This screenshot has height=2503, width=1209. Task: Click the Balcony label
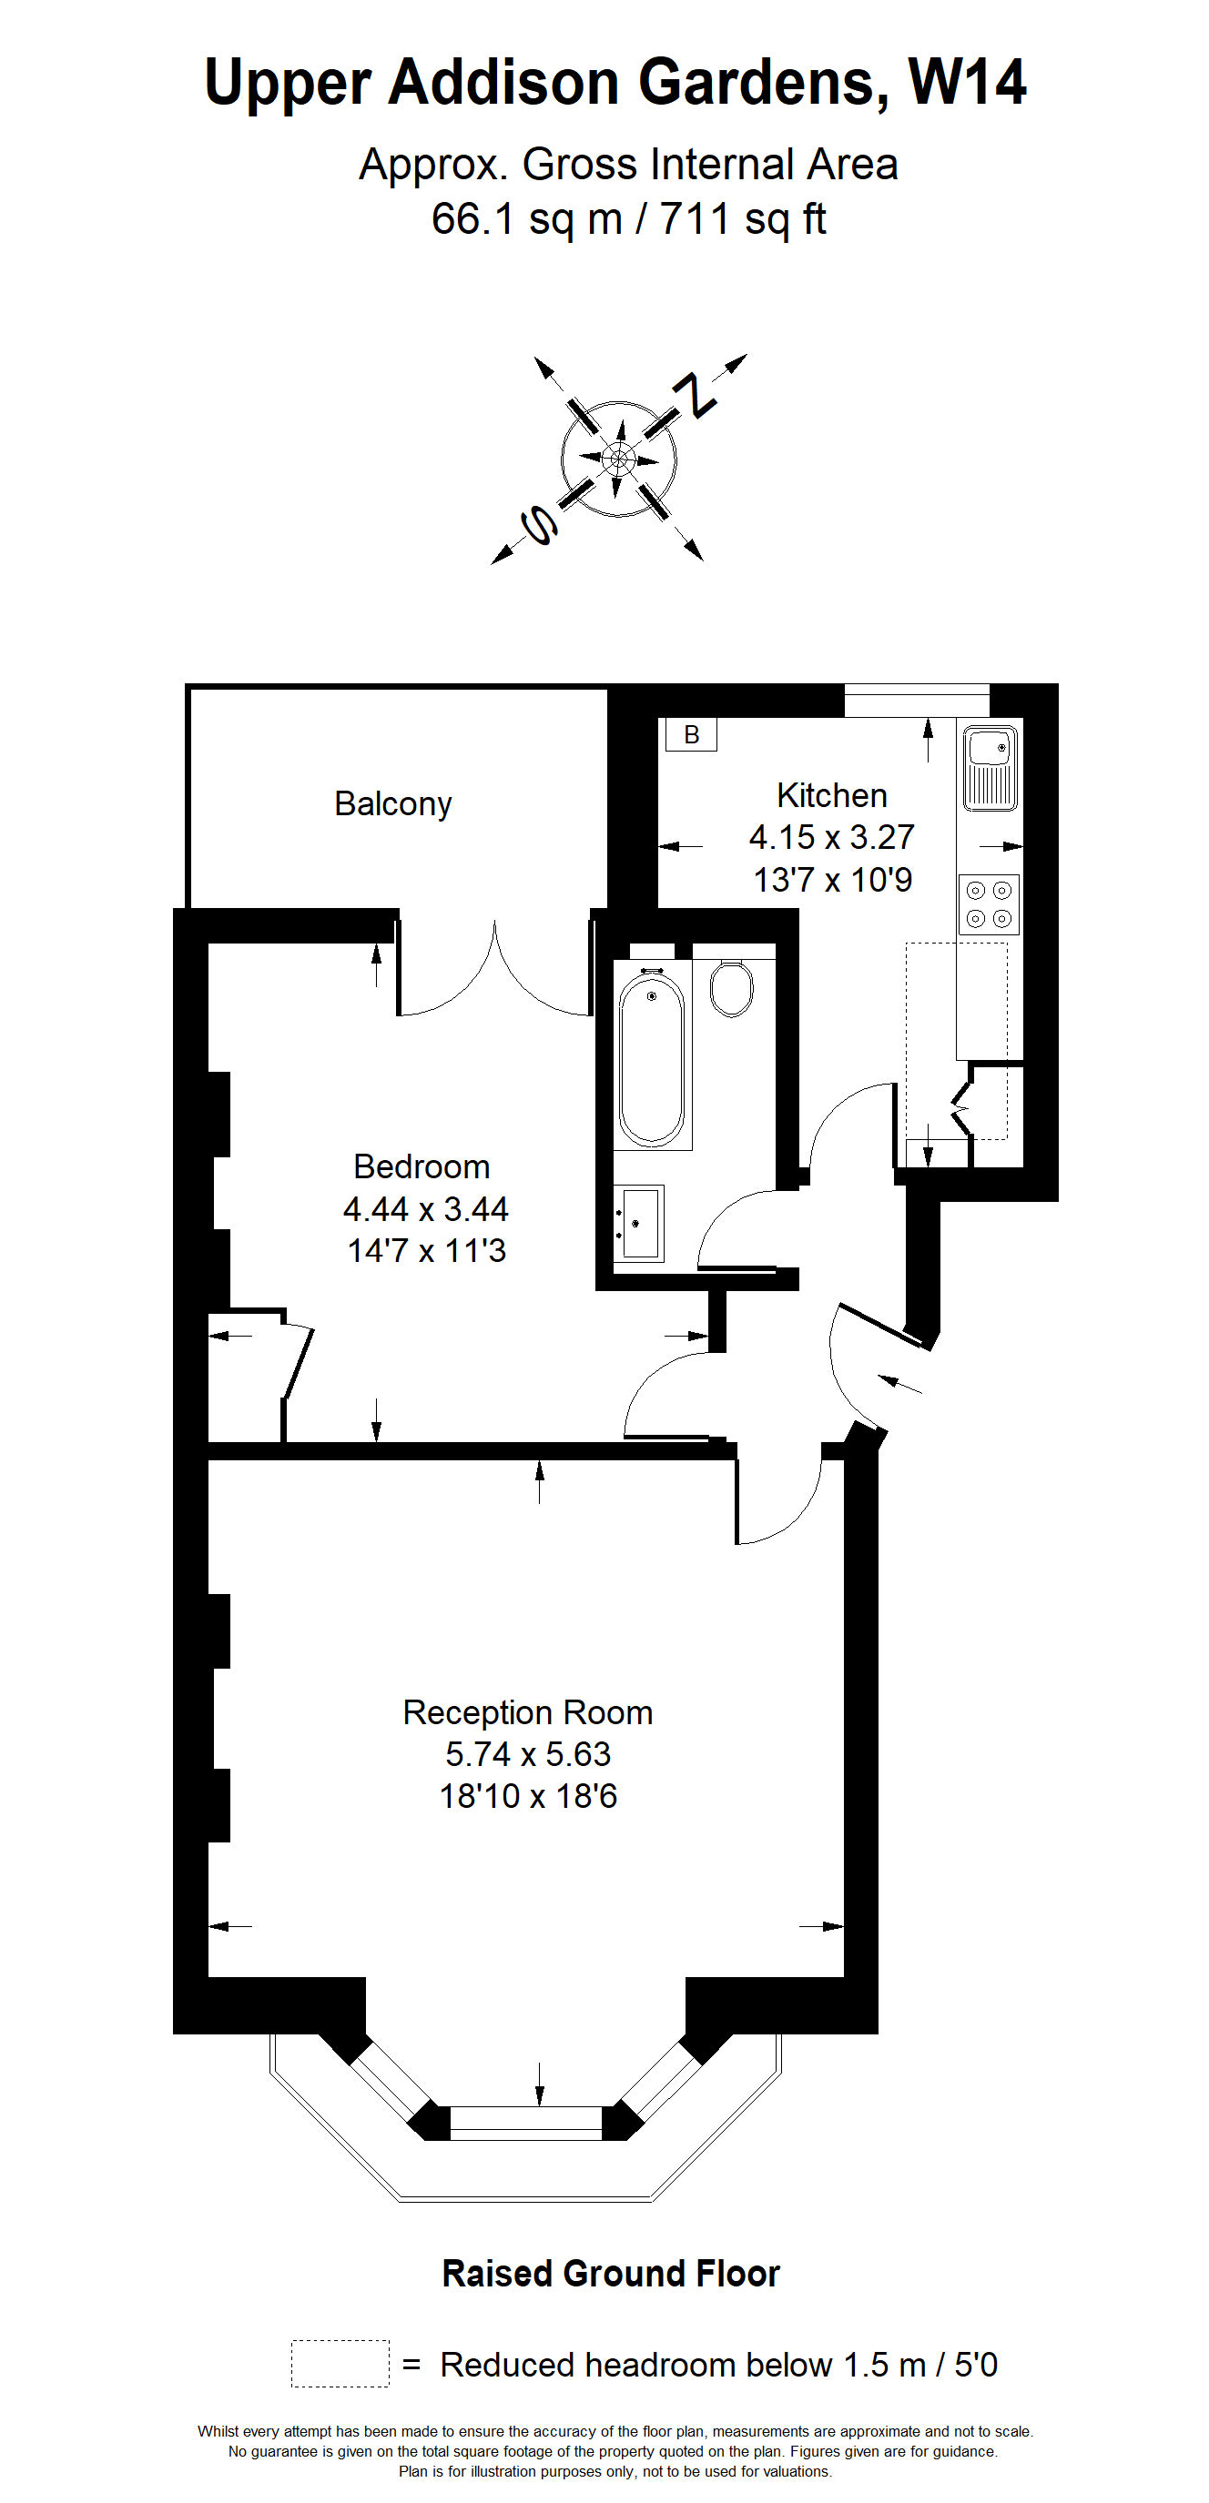[x=392, y=804]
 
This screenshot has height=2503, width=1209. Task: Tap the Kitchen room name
[x=832, y=796]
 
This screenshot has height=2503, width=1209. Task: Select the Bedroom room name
[x=421, y=1167]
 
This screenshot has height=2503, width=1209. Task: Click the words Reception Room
[x=528, y=1713]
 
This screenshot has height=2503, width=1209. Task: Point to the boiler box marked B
[x=691, y=734]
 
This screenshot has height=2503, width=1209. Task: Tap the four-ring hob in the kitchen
[x=989, y=904]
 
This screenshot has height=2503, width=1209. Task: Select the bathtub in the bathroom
[x=651, y=1058]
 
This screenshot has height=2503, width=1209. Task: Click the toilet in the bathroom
[x=731, y=987]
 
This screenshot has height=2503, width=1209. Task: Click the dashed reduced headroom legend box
[x=340, y=2363]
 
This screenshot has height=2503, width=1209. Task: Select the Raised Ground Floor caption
[x=610, y=2274]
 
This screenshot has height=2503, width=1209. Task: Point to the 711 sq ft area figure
[x=743, y=219]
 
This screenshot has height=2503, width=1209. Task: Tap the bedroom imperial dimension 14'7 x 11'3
[x=427, y=1250]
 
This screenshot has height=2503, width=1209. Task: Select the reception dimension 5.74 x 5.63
[x=528, y=1755]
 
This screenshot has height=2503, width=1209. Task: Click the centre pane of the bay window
[x=526, y=2123]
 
